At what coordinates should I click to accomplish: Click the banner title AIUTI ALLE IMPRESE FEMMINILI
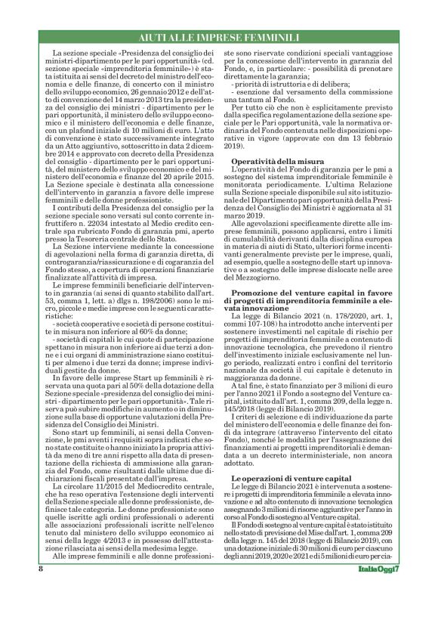coord(219,37)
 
